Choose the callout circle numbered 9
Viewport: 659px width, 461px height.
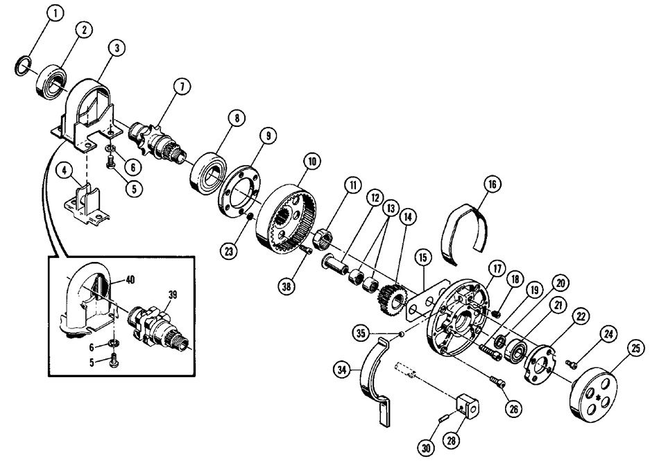coord(265,137)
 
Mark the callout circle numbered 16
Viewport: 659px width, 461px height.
coord(491,185)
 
